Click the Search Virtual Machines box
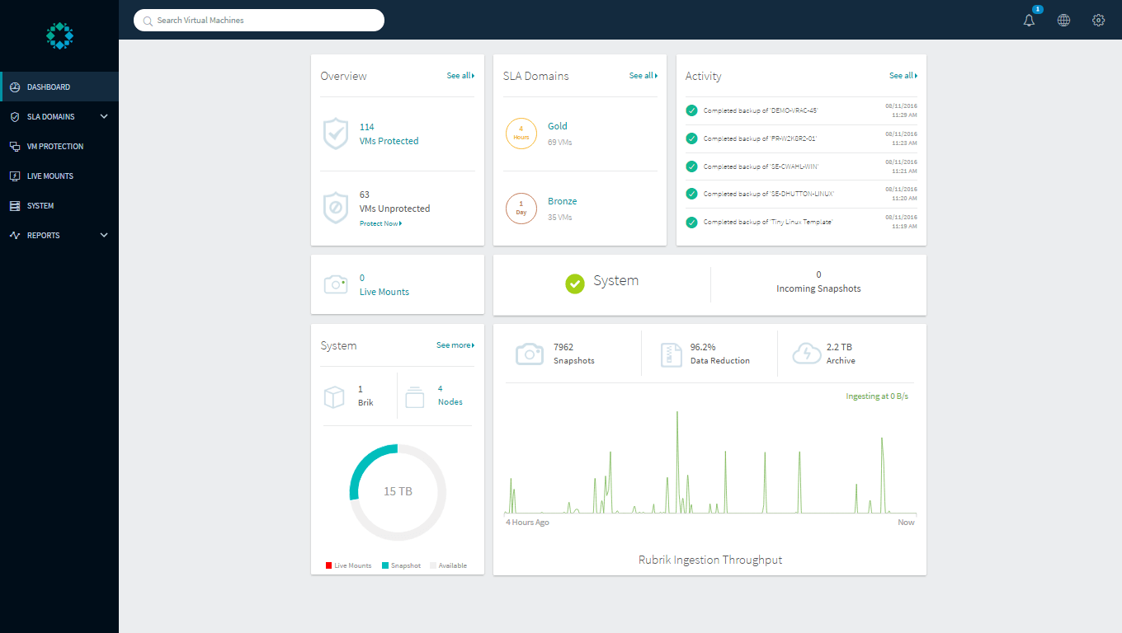click(x=259, y=20)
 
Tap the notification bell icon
click(x=1029, y=21)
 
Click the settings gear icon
click(x=1098, y=21)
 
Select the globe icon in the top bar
click(x=1063, y=21)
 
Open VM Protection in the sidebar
click(x=54, y=146)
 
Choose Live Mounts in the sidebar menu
click(x=49, y=176)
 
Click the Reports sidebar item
click(x=43, y=235)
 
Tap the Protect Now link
click(x=380, y=223)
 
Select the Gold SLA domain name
click(x=558, y=126)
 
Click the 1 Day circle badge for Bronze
click(x=521, y=208)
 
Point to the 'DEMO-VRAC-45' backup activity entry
click(x=760, y=110)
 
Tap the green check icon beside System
click(x=575, y=283)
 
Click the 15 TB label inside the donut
click(x=398, y=491)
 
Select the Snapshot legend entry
click(x=402, y=565)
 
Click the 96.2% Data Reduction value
click(x=702, y=347)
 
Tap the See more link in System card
click(x=455, y=345)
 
